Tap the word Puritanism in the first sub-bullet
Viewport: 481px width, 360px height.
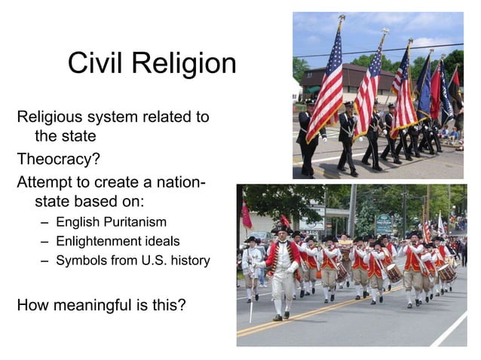click(133, 223)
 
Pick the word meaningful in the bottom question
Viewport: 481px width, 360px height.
click(103, 306)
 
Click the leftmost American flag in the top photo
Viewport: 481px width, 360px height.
click(325, 82)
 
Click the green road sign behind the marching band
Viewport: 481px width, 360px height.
click(384, 223)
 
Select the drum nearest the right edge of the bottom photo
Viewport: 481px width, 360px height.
click(447, 272)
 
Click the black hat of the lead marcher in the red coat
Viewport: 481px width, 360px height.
click(280, 230)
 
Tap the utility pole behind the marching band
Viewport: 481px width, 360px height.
click(351, 211)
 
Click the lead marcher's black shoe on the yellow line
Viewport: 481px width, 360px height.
click(278, 317)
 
